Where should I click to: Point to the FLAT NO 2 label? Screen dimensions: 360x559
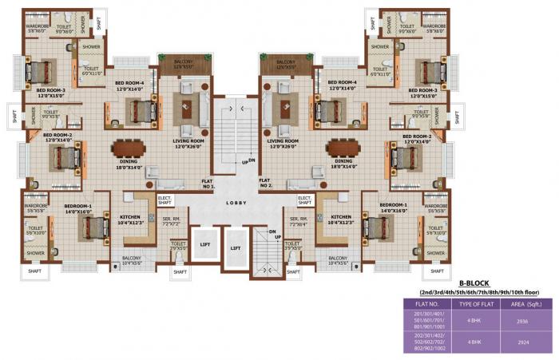pos(267,184)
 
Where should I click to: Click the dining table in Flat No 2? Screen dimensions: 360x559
pos(343,148)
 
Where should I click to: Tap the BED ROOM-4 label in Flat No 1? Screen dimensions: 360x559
pos(129,85)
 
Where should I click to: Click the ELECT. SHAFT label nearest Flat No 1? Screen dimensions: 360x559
pos(166,200)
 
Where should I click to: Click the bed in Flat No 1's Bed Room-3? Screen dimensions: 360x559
pos(38,73)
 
